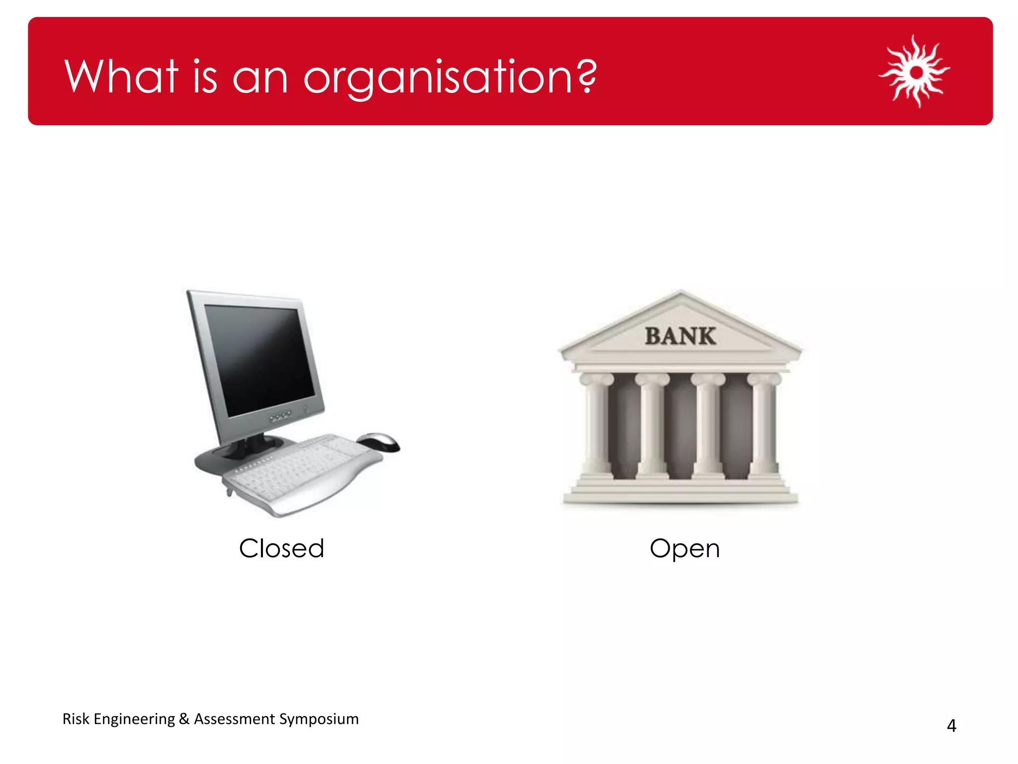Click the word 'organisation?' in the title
pos(450,77)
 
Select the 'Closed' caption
pos(281,549)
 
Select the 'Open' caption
pos(684,549)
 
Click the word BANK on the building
pos(680,336)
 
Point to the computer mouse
pos(379,442)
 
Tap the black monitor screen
pos(258,358)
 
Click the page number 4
pos(951,726)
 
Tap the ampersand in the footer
pos(184,719)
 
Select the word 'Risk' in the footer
pos(76,719)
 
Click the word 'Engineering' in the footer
pos(134,719)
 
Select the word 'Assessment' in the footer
pos(234,719)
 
